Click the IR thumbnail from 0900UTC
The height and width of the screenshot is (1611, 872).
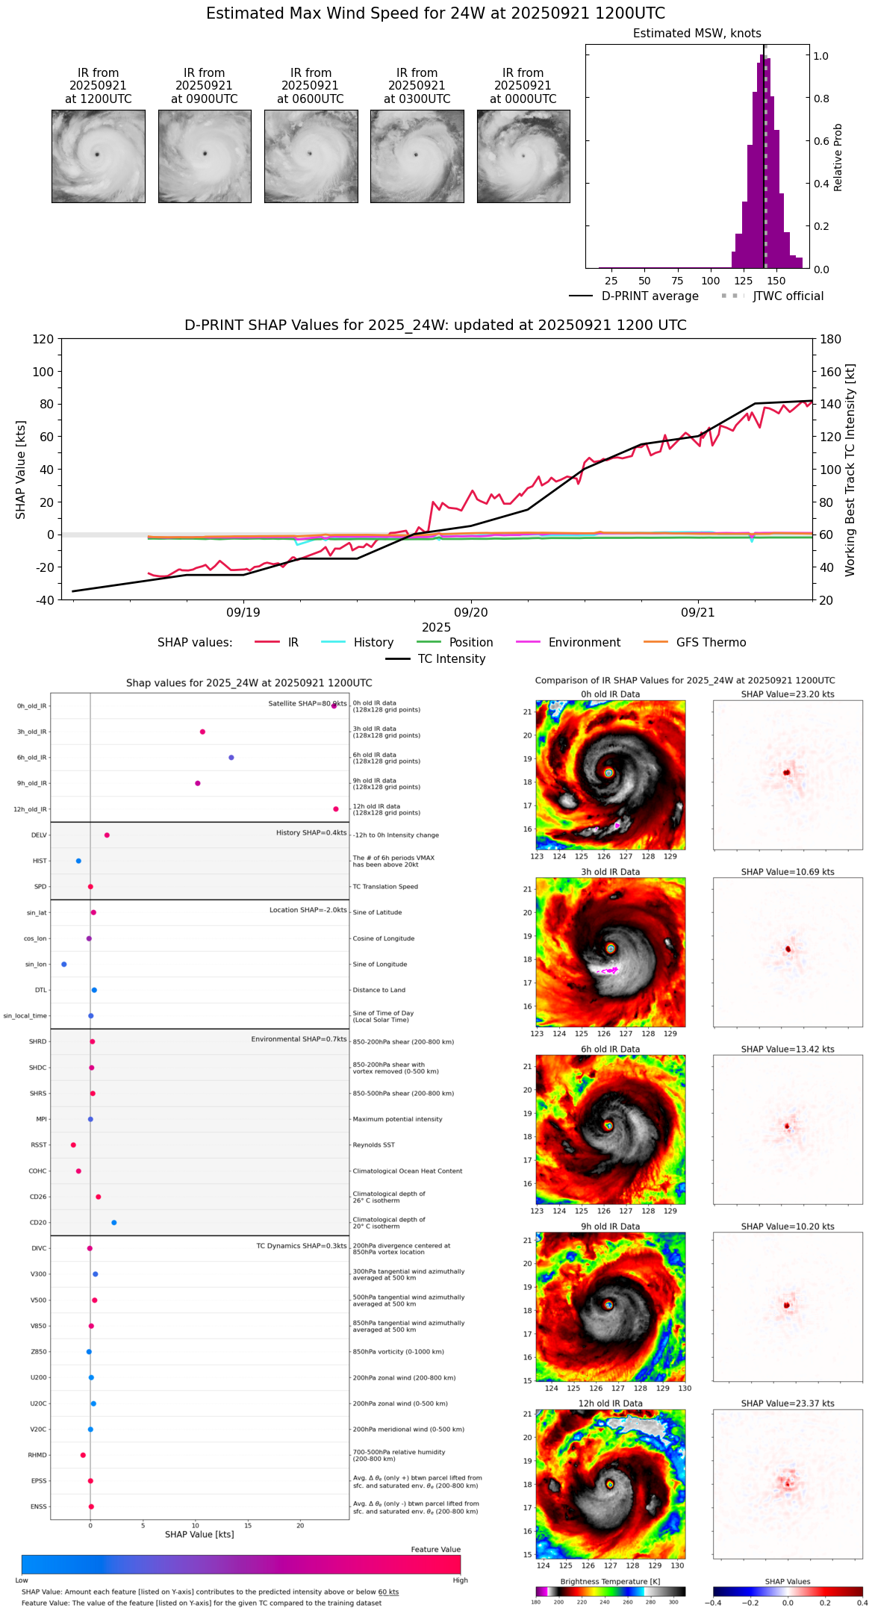205,156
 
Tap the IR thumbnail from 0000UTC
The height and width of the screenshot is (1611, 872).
523,156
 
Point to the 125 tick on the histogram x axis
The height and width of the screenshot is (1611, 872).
743,281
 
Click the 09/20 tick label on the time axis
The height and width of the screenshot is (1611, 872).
471,612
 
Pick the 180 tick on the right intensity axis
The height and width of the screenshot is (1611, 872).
831,340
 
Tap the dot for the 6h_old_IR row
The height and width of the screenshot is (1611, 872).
231,757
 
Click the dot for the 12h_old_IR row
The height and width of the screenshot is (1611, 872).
336,808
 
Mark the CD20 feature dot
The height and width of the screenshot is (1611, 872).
114,1222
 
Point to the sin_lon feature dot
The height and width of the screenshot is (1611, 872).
64,964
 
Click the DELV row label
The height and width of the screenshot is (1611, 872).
39,835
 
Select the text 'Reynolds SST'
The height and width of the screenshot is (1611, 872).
373,1144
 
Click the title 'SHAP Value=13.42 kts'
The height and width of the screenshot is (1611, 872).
788,1049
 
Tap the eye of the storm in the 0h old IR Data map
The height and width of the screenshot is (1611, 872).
609,773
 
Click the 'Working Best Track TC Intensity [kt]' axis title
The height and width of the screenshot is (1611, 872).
850,470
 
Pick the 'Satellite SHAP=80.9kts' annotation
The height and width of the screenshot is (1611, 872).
308,703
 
